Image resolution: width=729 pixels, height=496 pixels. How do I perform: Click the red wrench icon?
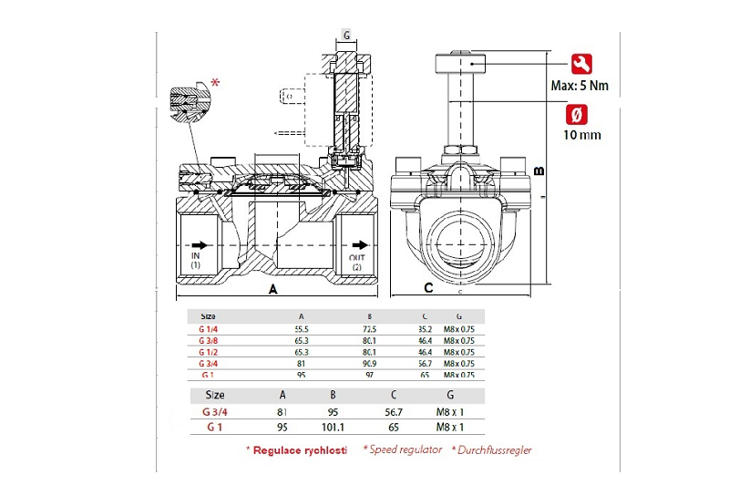[576, 64]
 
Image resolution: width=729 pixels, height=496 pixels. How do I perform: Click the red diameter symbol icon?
[576, 115]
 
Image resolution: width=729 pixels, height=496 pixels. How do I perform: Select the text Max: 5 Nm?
[580, 87]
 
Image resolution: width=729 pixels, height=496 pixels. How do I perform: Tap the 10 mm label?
[582, 135]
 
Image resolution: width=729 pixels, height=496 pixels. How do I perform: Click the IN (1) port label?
[195, 261]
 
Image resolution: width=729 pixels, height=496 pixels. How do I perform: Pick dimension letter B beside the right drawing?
[539, 171]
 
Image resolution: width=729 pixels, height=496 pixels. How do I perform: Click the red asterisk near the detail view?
[215, 84]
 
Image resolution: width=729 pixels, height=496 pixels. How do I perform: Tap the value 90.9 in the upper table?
[368, 363]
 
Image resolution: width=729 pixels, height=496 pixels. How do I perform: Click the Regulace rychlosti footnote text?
[300, 450]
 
